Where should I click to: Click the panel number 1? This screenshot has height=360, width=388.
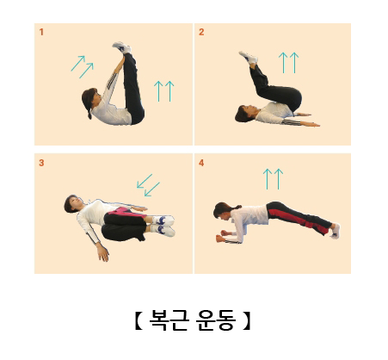[41, 32]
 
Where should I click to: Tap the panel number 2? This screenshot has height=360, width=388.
[201, 32]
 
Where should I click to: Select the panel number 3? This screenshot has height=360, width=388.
[41, 163]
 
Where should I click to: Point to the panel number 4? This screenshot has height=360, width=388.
[201, 163]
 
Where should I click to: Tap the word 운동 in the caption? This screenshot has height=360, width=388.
[216, 320]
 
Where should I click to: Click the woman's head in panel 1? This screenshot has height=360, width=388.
[90, 100]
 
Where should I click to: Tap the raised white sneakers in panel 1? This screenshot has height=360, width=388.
[122, 47]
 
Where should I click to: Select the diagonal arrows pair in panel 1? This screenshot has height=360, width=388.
[82, 67]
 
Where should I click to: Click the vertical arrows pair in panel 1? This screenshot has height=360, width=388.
[164, 91]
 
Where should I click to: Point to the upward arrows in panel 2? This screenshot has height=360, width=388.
[288, 63]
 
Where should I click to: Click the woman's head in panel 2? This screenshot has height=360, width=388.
[243, 114]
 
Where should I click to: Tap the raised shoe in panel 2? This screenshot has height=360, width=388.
[249, 58]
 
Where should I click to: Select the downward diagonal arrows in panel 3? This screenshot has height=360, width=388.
[148, 185]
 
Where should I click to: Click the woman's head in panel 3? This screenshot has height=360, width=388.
[73, 203]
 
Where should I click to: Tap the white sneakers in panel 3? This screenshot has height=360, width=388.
[164, 226]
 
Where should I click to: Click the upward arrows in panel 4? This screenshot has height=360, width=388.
[273, 179]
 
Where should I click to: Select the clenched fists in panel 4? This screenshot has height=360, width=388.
[223, 236]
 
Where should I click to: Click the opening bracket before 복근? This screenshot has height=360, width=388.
[139, 320]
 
